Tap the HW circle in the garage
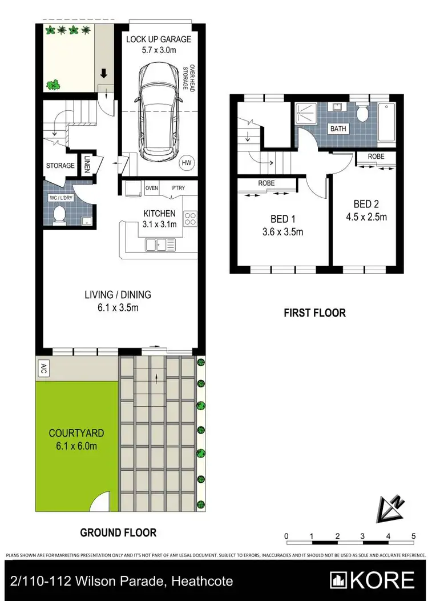tap(186, 163)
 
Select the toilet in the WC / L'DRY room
tap(58, 214)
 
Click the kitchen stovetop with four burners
tap(190, 218)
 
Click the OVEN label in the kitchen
tap(151, 188)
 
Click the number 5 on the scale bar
tap(413, 536)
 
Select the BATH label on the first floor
tap(338, 129)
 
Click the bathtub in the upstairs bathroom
tap(387, 123)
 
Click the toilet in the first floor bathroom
tap(361, 114)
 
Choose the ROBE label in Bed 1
tap(266, 184)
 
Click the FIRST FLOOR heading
tap(314, 312)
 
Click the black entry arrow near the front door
tap(104, 73)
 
